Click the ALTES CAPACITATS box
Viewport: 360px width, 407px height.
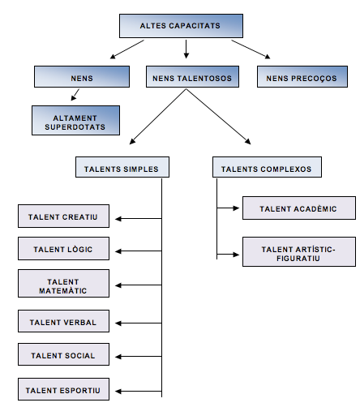click(181, 26)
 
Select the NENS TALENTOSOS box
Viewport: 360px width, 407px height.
click(192, 77)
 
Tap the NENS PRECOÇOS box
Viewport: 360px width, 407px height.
click(302, 77)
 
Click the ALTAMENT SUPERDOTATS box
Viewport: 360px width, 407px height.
click(75, 120)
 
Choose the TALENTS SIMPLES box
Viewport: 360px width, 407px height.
click(122, 167)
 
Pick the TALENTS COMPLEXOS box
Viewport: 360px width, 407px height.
click(267, 167)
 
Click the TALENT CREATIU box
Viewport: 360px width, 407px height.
click(63, 216)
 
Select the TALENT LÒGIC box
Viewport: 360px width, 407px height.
click(63, 249)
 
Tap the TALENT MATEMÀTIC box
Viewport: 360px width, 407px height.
click(63, 283)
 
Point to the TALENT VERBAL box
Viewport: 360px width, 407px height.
click(63, 321)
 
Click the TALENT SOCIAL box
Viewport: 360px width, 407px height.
click(63, 354)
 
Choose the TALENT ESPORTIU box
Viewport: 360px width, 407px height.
click(63, 389)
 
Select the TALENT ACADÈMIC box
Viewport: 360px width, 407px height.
click(299, 208)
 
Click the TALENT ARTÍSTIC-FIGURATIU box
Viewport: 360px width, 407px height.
click(299, 252)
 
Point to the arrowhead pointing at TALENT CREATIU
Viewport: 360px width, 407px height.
click(118, 219)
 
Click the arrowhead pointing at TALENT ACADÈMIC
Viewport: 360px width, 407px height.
click(237, 208)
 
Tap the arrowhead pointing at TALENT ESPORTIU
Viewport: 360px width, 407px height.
click(118, 391)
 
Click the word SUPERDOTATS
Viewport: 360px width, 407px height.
click(75, 127)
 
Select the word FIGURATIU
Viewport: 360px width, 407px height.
click(298, 259)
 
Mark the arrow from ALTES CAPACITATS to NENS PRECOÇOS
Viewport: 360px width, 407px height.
click(251, 49)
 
